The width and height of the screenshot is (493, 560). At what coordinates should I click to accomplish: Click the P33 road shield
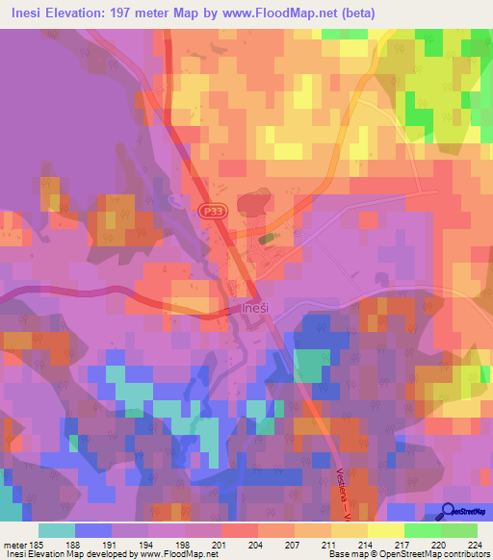[212, 210]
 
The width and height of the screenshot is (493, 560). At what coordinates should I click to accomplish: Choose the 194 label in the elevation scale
[148, 546]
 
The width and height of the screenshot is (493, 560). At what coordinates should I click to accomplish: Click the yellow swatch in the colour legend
[385, 530]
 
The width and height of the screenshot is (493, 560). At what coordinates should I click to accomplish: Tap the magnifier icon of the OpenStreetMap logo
[449, 513]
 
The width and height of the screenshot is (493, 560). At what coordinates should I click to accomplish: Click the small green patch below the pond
[267, 237]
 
